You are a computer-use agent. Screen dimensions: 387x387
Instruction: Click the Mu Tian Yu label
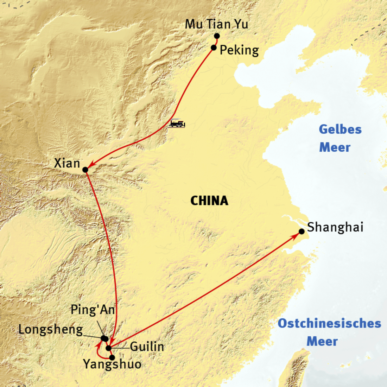[x=216, y=24]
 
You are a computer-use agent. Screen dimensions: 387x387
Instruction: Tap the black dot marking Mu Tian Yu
[x=217, y=36]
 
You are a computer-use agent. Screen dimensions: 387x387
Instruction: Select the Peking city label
[x=239, y=50]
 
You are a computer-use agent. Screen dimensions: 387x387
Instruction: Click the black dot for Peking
[x=214, y=47]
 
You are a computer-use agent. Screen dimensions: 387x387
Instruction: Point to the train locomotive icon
[x=177, y=123]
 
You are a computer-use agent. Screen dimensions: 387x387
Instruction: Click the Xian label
[x=67, y=163]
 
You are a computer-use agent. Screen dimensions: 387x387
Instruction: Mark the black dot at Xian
[x=85, y=170]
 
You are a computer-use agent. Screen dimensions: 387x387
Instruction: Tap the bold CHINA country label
[x=209, y=201]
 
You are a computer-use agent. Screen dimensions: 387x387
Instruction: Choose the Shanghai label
[x=335, y=227]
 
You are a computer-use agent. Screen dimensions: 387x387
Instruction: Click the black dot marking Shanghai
[x=302, y=231]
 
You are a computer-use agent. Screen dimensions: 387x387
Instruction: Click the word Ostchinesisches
[x=329, y=323]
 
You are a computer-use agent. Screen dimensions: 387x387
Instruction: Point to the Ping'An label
[x=93, y=310]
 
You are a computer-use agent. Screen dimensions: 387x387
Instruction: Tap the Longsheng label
[x=50, y=330]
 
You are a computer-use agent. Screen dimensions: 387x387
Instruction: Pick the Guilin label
[x=147, y=347]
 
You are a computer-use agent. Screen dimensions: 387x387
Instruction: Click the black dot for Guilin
[x=109, y=348]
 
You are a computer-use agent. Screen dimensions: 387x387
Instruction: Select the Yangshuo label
[x=112, y=364]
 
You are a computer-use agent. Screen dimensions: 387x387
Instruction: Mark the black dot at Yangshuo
[x=112, y=357]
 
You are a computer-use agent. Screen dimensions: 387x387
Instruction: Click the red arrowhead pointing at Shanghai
[x=296, y=235]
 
